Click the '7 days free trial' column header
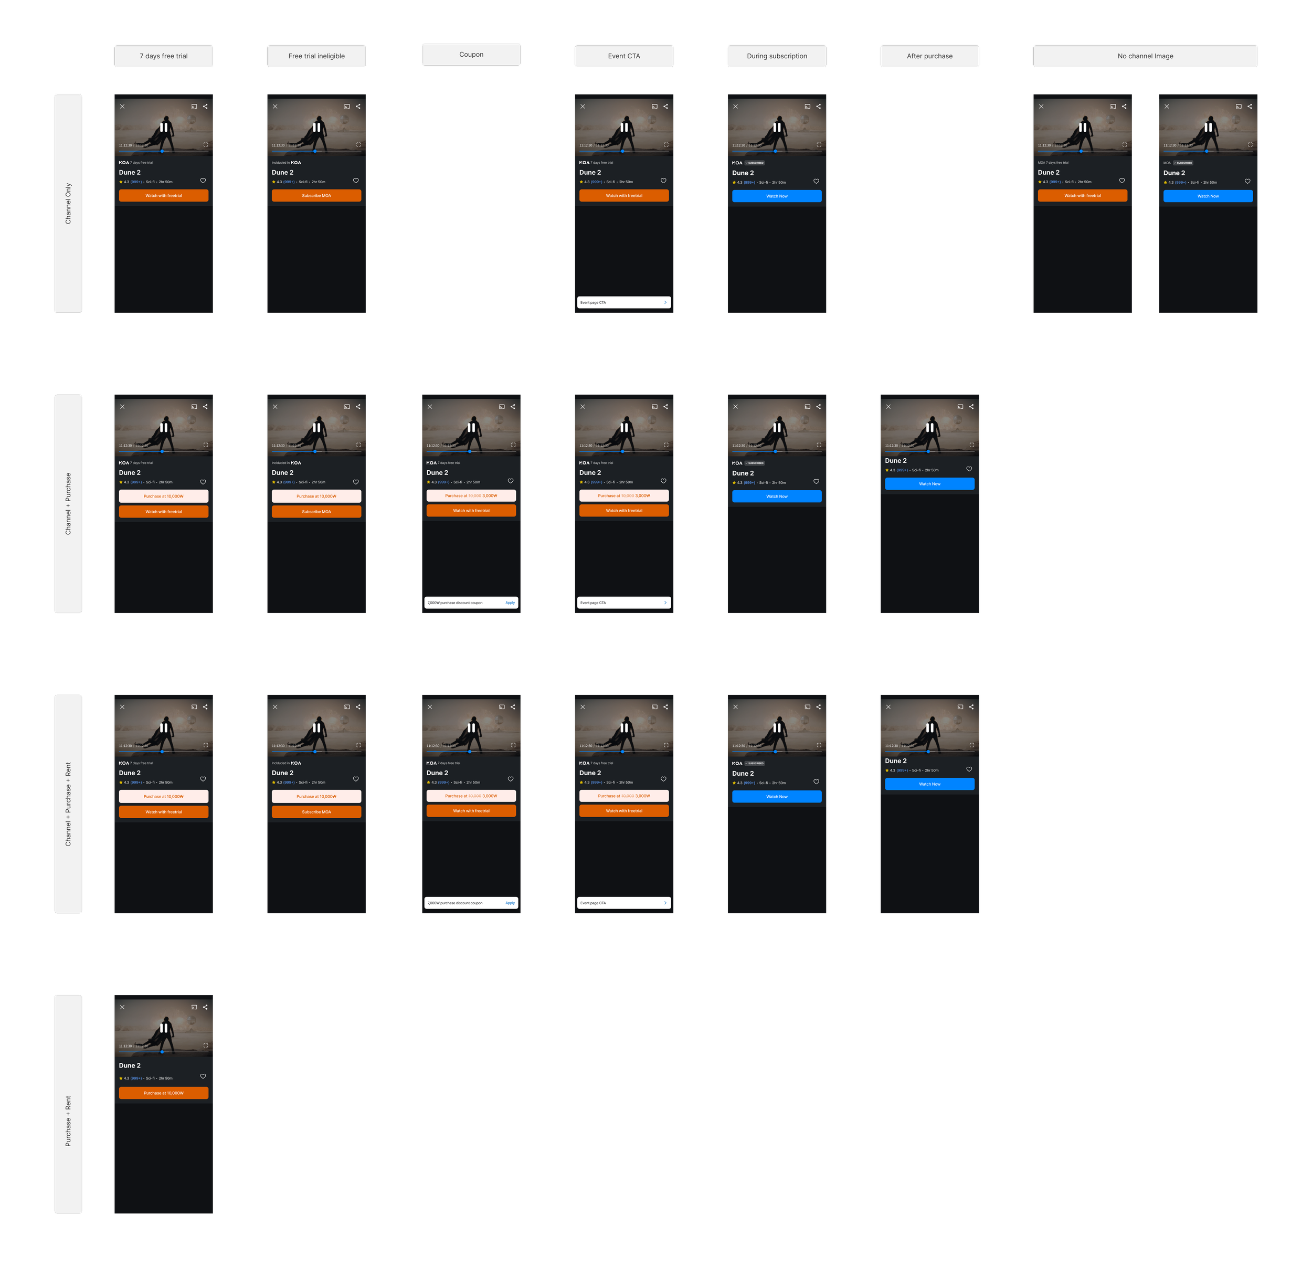click(163, 56)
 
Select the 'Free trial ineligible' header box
click(316, 56)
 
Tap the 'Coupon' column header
click(471, 55)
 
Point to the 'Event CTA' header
click(624, 56)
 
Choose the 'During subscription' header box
click(777, 56)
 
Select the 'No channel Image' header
click(1145, 56)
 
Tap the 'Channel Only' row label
click(68, 204)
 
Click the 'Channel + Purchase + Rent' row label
click(68, 804)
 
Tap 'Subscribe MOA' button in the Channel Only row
click(316, 195)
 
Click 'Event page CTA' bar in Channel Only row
click(624, 303)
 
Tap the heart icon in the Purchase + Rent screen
click(203, 1076)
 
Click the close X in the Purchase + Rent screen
click(122, 1007)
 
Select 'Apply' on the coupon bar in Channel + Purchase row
click(510, 603)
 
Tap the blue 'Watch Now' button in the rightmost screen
click(1208, 196)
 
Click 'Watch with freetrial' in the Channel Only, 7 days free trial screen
click(163, 195)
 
